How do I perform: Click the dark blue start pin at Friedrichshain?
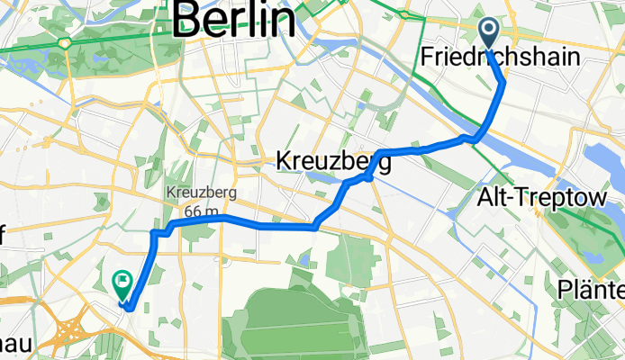tap(489, 33)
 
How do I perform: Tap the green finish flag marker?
tap(122, 285)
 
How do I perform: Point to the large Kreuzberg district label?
tap(332, 162)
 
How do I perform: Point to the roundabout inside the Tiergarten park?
tap(66, 42)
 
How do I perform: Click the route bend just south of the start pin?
tap(503, 83)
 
